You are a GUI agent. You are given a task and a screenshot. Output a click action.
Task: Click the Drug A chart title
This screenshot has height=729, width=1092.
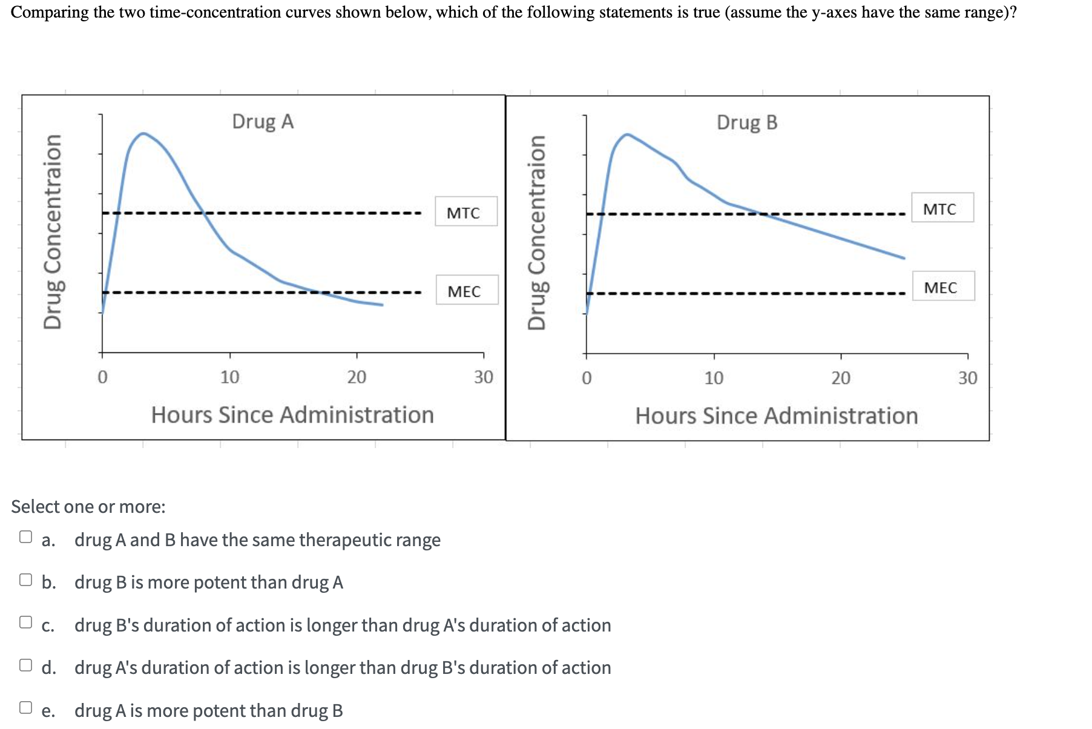point(263,122)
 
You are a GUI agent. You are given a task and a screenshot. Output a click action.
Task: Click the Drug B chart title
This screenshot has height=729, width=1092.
point(747,123)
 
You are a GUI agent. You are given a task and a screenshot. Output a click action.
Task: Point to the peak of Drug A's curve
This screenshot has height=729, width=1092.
point(143,133)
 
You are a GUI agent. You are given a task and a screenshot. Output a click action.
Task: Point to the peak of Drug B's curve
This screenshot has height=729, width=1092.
point(627,134)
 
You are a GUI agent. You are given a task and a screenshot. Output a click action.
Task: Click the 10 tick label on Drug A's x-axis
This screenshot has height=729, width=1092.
point(229,377)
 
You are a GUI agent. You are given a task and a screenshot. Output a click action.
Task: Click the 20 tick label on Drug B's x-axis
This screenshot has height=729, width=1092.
point(840,378)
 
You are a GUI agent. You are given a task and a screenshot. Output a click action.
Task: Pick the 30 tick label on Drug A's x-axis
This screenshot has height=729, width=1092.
point(483,377)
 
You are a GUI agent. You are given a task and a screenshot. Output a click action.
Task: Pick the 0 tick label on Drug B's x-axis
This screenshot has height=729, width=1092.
point(586,378)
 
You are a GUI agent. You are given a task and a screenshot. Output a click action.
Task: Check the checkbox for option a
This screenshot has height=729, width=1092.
point(25,537)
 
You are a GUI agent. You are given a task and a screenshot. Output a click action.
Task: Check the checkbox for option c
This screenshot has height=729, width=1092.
point(25,622)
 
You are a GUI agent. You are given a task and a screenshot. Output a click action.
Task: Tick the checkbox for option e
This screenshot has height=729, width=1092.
point(25,707)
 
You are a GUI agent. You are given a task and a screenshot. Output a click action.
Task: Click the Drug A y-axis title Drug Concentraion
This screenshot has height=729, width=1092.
point(53,232)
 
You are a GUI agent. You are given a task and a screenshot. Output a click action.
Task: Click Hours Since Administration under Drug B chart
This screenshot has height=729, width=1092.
point(776,416)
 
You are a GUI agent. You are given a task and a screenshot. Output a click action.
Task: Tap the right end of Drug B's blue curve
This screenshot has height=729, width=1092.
point(904,258)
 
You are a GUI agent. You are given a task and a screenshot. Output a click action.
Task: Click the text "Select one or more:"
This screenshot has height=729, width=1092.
point(88,507)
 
